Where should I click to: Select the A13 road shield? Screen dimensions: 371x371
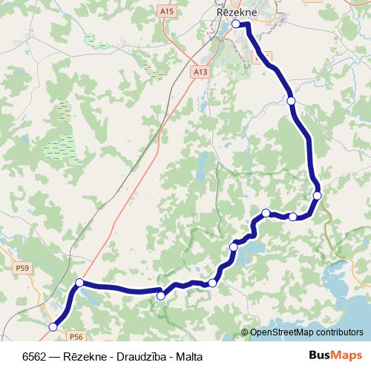point(198,73)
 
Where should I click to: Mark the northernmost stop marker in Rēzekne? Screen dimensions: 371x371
point(236,24)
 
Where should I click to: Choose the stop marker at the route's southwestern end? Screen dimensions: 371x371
point(53,326)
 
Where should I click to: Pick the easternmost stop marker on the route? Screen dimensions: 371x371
point(317,195)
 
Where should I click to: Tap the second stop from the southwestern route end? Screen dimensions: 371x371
point(79,283)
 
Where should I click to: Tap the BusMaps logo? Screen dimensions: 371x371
point(335,355)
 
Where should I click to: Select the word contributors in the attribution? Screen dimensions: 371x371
point(340,332)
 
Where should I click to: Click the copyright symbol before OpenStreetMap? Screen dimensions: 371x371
point(246,332)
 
